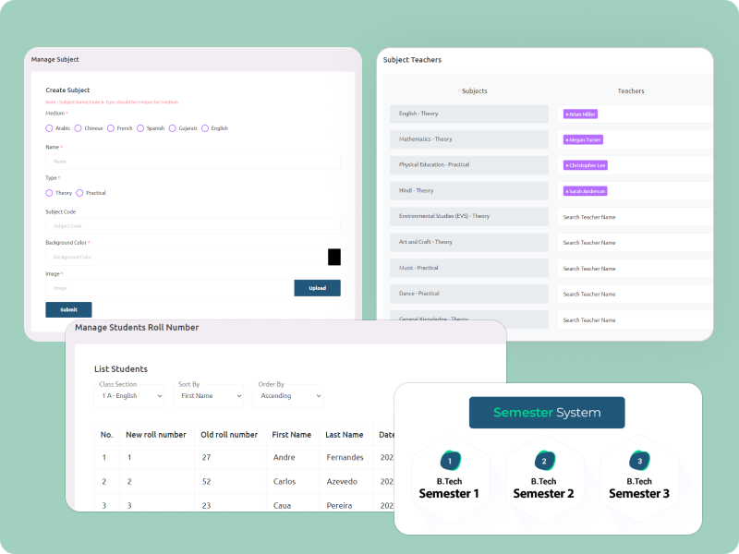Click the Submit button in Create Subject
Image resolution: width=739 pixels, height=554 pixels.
pyautogui.click(x=68, y=309)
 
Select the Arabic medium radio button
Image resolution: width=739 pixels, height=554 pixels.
pyautogui.click(x=50, y=128)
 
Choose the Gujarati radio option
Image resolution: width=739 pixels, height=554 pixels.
pyautogui.click(x=173, y=128)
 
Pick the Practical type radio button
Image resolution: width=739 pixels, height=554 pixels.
pyautogui.click(x=80, y=193)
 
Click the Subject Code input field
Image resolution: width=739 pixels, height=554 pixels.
pyautogui.click(x=192, y=225)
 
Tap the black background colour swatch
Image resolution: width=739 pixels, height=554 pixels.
pyautogui.click(x=334, y=257)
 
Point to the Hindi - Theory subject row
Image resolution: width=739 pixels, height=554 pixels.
pyautogui.click(x=468, y=190)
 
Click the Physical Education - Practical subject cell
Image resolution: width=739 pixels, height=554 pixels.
pyautogui.click(x=468, y=164)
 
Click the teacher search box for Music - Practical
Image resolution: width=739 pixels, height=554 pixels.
pyautogui.click(x=634, y=268)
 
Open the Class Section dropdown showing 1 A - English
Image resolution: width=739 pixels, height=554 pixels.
pyautogui.click(x=130, y=396)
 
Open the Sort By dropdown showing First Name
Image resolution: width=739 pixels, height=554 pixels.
pyautogui.click(x=210, y=396)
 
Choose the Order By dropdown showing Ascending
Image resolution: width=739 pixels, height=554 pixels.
pyautogui.click(x=289, y=396)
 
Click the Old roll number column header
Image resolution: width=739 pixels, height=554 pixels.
pyautogui.click(x=229, y=435)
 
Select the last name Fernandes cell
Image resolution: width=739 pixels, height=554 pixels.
pyautogui.click(x=345, y=457)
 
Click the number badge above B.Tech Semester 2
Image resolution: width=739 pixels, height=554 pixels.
pyautogui.click(x=543, y=461)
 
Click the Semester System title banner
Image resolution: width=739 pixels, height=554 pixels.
pyautogui.click(x=547, y=413)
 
